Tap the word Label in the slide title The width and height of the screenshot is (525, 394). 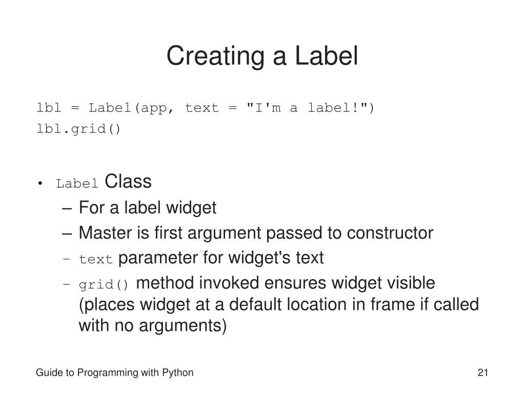click(326, 56)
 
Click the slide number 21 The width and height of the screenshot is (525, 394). click(482, 373)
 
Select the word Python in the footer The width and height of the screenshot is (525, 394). click(177, 373)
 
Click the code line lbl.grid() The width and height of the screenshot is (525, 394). click(78, 129)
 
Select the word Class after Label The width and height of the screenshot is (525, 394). click(128, 182)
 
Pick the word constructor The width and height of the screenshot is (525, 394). click(390, 233)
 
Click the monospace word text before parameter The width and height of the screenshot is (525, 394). click(95, 260)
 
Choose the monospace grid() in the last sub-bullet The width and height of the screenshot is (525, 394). click(105, 284)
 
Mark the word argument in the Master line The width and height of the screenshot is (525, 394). click(229, 233)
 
